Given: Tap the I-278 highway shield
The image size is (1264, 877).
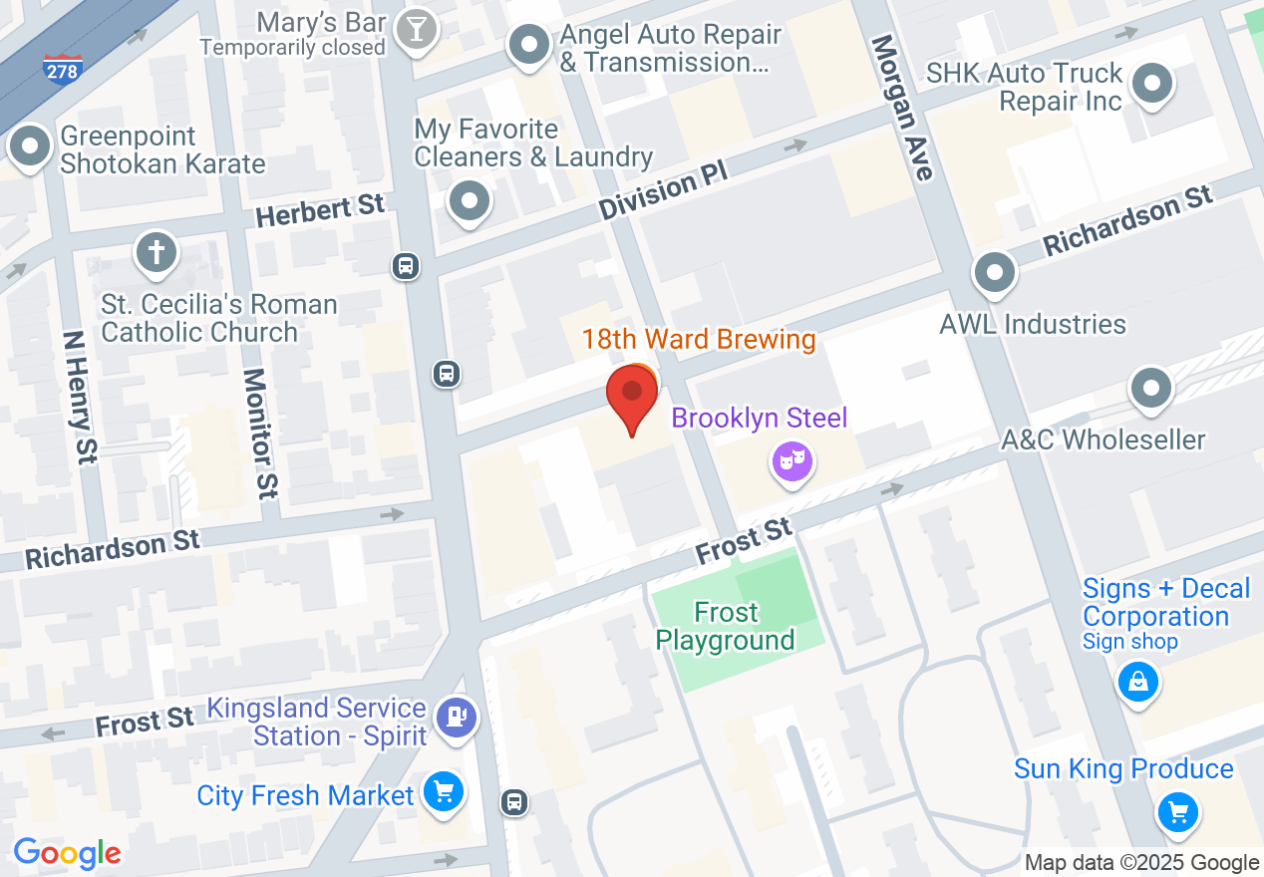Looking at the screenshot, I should (62, 68).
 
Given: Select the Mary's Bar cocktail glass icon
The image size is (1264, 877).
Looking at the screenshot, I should (415, 30).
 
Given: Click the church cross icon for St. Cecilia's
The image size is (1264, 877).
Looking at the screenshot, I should (156, 250).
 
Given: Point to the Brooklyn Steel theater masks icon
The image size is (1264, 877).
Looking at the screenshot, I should (792, 460).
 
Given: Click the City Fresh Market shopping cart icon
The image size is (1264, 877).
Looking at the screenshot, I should (443, 792).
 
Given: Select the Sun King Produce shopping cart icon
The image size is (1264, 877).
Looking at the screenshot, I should (1177, 812).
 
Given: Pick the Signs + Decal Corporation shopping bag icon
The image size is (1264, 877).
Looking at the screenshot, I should (1137, 683).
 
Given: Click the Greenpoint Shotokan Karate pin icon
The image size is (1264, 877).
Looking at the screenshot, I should (30, 147).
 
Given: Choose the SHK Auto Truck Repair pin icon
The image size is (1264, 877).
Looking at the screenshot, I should (1153, 84).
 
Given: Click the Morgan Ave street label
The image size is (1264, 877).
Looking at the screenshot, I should (903, 108).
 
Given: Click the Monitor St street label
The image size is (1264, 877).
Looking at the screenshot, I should (259, 433).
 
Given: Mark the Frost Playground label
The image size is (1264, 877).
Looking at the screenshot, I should (726, 626).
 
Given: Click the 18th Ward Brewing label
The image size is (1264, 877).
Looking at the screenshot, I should (699, 339).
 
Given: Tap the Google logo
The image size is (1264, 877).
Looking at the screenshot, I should (67, 853).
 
